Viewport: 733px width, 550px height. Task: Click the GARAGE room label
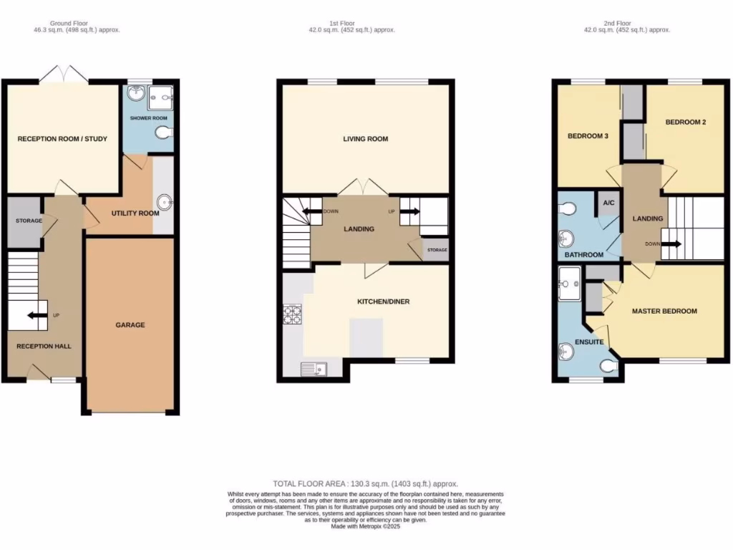(130, 325)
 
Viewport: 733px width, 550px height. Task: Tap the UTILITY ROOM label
(135, 213)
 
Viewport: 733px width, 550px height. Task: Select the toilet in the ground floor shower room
(165, 132)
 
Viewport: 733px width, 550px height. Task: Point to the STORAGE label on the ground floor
(29, 221)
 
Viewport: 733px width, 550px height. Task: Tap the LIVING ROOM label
(365, 139)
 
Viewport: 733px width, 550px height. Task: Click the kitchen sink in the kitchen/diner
(316, 369)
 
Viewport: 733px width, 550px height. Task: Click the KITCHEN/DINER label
(384, 302)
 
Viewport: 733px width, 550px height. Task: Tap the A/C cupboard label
(608, 203)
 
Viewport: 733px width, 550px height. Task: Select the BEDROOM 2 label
(686, 122)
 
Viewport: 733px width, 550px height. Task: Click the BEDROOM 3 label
(588, 135)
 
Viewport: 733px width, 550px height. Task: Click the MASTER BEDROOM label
(664, 312)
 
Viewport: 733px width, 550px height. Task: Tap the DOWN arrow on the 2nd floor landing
(671, 243)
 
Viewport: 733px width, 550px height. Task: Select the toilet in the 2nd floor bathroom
(568, 208)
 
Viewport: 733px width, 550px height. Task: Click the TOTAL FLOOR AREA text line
(365, 484)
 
